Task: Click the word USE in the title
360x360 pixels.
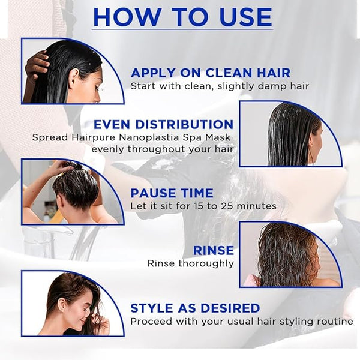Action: (x=245, y=17)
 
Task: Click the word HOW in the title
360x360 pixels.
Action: (x=127, y=17)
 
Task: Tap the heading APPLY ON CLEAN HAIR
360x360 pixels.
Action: (x=211, y=73)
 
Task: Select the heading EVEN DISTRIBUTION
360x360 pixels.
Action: (x=163, y=124)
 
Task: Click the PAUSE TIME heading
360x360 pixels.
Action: (x=172, y=193)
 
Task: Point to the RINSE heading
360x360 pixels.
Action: (x=214, y=250)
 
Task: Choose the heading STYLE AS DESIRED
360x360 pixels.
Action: (x=195, y=308)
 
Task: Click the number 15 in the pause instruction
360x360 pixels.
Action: (x=198, y=206)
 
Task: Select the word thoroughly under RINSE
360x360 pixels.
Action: (x=206, y=263)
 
